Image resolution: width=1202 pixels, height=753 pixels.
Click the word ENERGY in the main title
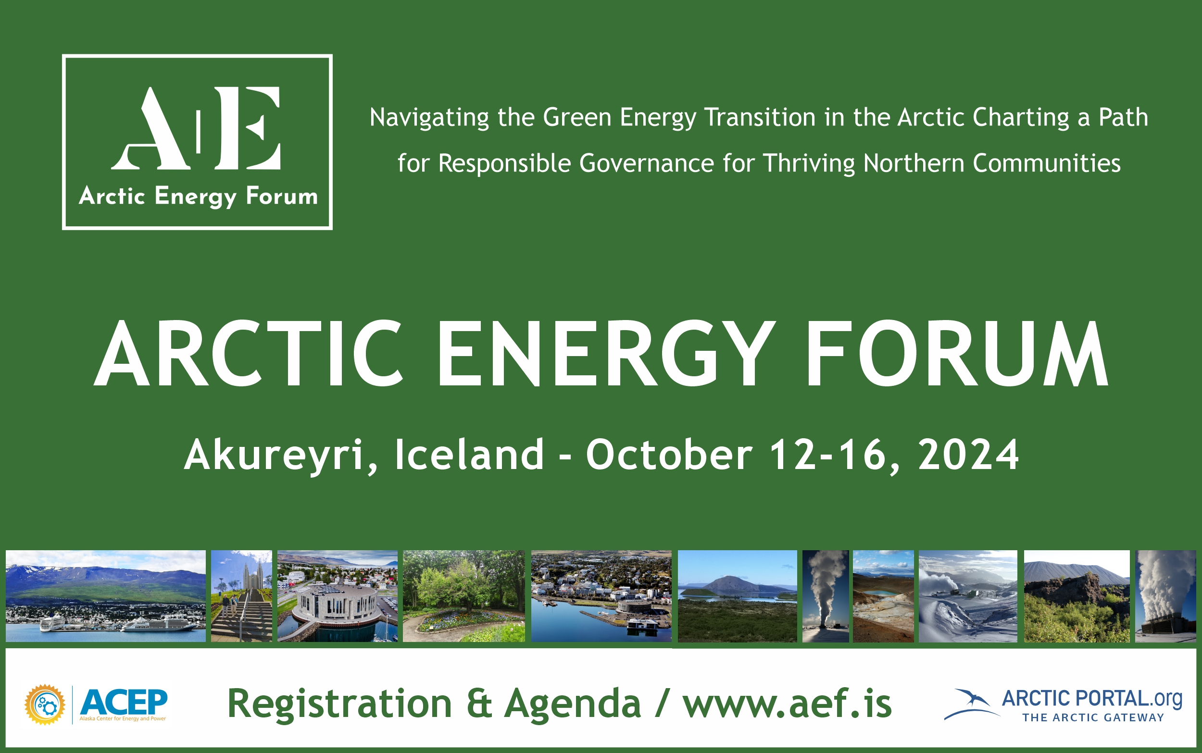(605, 354)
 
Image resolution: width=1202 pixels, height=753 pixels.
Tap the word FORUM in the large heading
(956, 354)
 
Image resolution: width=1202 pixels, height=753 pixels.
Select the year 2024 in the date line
(968, 454)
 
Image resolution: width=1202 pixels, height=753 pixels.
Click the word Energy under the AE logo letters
(195, 196)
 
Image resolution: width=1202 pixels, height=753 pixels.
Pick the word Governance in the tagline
(647, 163)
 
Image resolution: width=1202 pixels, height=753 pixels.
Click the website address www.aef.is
(787, 703)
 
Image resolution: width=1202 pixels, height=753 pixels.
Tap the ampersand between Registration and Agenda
(479, 703)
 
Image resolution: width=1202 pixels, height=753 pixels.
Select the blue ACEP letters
(124, 702)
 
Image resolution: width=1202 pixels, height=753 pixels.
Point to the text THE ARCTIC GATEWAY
(1093, 717)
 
